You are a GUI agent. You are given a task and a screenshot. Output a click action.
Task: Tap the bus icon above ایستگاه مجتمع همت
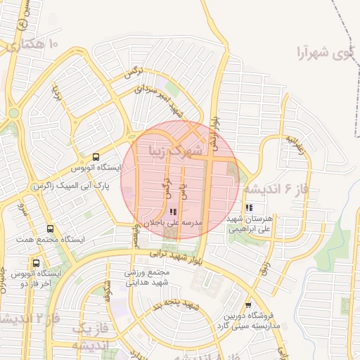click(50, 229)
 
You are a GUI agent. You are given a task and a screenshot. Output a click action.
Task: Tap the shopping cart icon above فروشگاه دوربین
click(248, 304)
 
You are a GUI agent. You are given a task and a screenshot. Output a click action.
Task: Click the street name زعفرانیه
click(295, 146)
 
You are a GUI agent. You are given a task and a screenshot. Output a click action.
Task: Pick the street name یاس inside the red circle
click(184, 191)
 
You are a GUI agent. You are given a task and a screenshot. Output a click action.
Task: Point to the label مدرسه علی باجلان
click(173, 222)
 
